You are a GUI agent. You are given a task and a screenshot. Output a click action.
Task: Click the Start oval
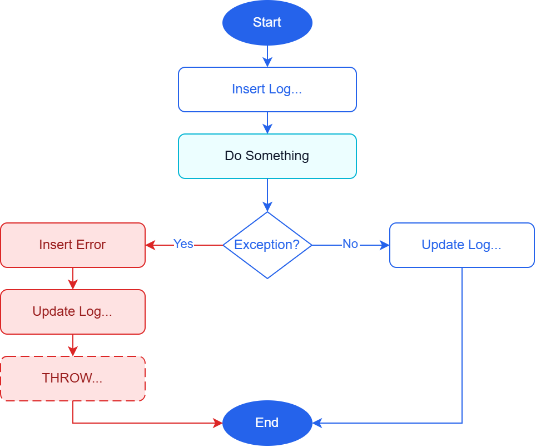pos(267,23)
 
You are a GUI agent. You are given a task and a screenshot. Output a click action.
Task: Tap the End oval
pos(267,423)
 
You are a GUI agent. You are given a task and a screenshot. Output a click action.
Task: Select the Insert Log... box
pos(267,90)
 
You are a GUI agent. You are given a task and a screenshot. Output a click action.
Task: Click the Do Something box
pos(267,156)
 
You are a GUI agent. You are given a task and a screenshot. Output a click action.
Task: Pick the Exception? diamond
pos(267,245)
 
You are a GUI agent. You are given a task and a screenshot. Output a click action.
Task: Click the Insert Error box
pos(73,245)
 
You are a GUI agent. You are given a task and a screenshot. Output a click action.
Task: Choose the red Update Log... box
pos(73,312)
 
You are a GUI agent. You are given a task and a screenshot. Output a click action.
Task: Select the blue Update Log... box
pos(462,245)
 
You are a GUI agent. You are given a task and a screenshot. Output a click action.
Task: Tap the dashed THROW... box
pos(73,379)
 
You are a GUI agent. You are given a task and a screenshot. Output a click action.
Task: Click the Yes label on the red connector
pos(183,244)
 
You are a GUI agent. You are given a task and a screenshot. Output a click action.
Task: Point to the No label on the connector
pos(350,244)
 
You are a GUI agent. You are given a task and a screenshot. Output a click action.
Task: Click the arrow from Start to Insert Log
pos(267,56)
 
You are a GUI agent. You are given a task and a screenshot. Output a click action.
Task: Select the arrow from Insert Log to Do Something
pos(267,123)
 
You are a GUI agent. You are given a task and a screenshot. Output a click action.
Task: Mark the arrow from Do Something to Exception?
pos(267,195)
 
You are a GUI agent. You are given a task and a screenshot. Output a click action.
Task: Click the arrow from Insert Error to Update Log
pos(73,279)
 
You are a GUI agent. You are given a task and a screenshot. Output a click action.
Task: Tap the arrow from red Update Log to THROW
pos(73,345)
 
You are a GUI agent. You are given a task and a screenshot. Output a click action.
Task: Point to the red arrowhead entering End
pos(218,423)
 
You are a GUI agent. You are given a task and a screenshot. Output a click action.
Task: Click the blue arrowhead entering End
pos(317,423)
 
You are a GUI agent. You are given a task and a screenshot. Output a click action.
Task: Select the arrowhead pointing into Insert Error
pos(151,245)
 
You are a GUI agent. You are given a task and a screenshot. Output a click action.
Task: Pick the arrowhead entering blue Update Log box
pos(385,245)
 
